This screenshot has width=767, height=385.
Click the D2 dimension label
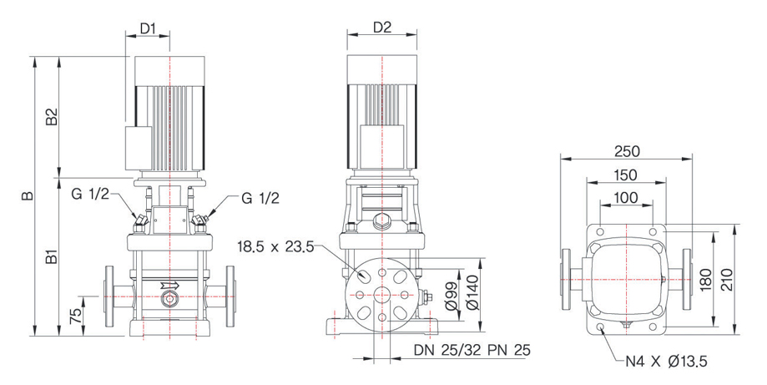[x=382, y=28]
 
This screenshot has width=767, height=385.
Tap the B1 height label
[x=52, y=257]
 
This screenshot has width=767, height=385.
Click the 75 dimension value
[x=74, y=315]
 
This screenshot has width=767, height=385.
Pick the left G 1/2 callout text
[x=90, y=195]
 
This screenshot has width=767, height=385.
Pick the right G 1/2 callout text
[x=260, y=198]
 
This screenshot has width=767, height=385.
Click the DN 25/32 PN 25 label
[x=472, y=350]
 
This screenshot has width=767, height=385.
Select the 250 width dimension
[x=627, y=151]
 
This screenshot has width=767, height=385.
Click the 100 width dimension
[x=625, y=198]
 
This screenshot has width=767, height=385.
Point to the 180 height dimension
[x=706, y=279]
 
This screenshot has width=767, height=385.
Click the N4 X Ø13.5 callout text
[x=667, y=362]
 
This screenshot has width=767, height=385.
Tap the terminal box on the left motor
[x=138, y=149]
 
